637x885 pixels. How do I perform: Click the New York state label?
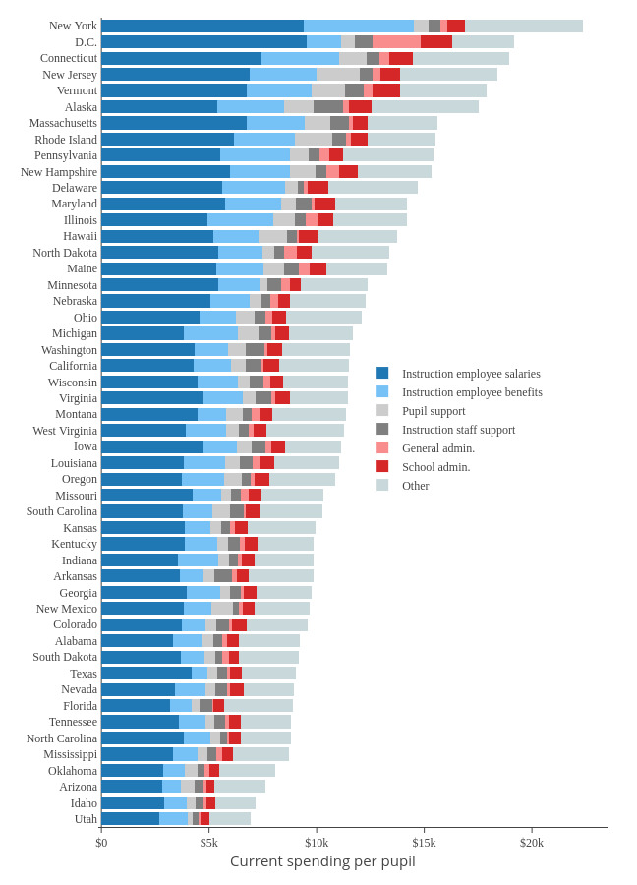tap(73, 26)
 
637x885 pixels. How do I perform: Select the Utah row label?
tap(86, 819)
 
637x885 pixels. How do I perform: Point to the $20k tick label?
tap(532, 843)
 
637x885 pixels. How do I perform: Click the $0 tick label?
tap(101, 843)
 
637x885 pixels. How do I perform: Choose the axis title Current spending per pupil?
tap(322, 861)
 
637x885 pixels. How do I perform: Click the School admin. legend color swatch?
tap(382, 466)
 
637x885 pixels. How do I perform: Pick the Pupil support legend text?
tap(434, 411)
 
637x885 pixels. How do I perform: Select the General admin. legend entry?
tap(437, 448)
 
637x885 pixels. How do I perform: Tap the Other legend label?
tap(415, 486)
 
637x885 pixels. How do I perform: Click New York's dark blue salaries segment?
tap(203, 26)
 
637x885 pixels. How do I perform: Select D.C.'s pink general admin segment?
tap(396, 41)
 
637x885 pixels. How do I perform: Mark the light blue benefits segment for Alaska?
tap(251, 106)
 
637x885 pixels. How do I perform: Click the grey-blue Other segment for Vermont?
tap(443, 90)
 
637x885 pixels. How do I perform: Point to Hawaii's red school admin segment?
tap(309, 236)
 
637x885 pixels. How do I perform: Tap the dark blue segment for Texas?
tap(146, 674)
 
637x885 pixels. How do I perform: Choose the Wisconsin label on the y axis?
tap(73, 382)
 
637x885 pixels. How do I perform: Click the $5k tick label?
tap(209, 843)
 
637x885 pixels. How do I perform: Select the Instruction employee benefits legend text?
tap(472, 392)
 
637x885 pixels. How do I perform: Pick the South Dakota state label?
tap(65, 657)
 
